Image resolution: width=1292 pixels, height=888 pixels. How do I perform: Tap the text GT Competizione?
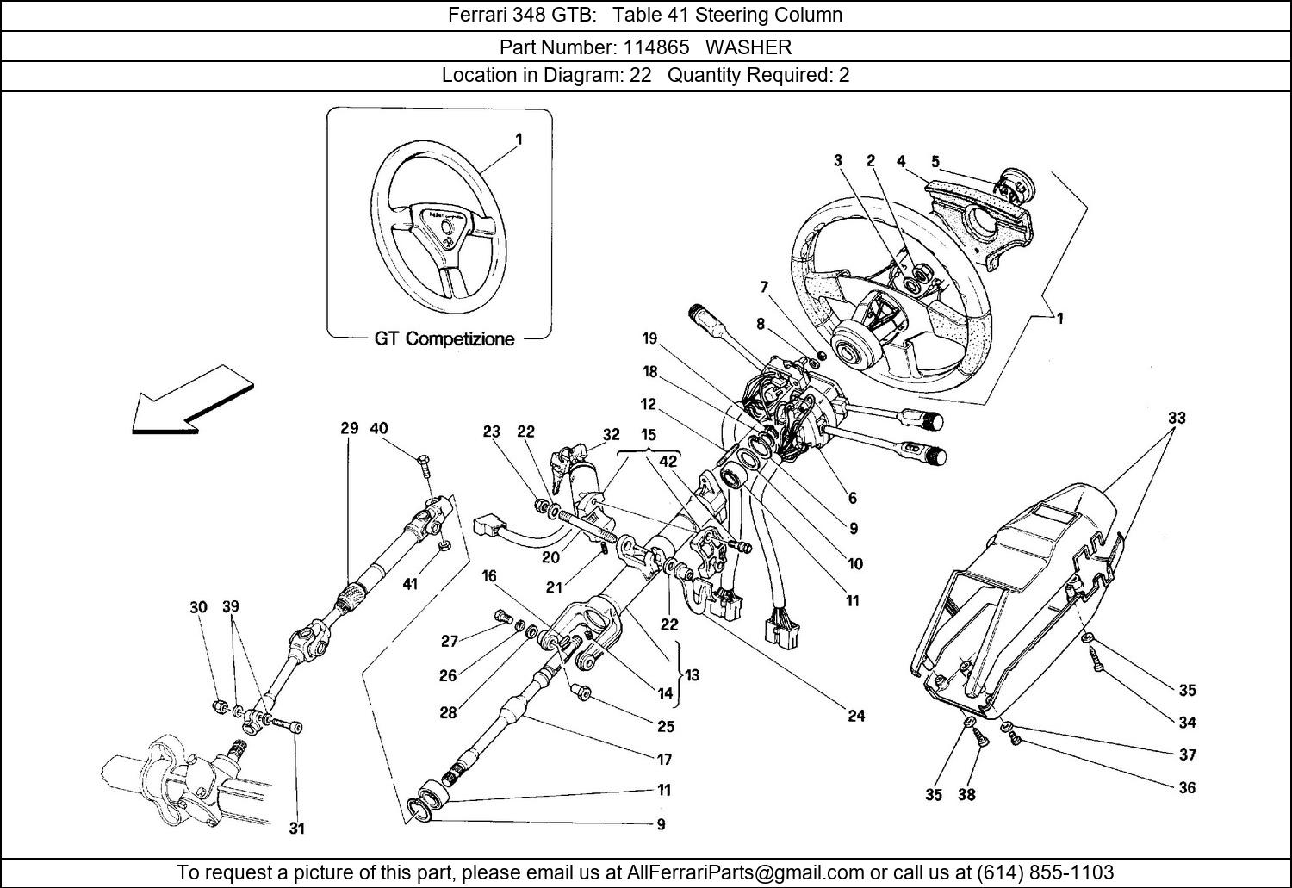(x=444, y=338)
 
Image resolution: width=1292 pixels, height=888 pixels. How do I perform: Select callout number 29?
(x=349, y=428)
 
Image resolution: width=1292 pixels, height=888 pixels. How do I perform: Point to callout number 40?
(x=379, y=428)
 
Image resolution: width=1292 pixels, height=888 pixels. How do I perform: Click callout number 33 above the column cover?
(x=1177, y=418)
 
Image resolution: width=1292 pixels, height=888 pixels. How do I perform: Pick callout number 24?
(x=856, y=716)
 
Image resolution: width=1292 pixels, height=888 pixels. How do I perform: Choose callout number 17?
(x=664, y=760)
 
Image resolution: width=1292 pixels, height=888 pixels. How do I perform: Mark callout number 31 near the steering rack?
(x=296, y=829)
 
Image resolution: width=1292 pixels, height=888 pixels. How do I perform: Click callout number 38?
(x=966, y=794)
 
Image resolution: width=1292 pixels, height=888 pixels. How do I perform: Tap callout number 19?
(x=650, y=338)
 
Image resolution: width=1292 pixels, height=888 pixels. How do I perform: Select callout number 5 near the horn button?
(x=935, y=161)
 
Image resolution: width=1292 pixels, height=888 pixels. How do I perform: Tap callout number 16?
(x=489, y=576)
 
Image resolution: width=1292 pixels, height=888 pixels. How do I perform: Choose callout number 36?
(x=1187, y=787)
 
